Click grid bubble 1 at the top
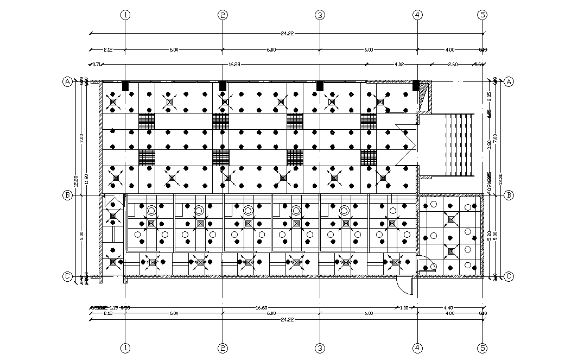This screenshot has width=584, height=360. click(x=125, y=15)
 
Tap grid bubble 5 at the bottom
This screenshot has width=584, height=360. click(x=483, y=348)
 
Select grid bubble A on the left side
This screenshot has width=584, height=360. click(x=67, y=81)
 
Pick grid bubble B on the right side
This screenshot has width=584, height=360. click(x=509, y=195)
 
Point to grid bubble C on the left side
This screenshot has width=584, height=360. click(x=67, y=276)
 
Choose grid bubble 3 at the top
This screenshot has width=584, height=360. click(x=320, y=15)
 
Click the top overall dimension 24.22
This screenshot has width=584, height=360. click(x=288, y=34)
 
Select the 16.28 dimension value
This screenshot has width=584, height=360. click(x=234, y=64)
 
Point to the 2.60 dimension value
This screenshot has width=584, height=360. click(x=453, y=64)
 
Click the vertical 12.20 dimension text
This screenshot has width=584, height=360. click(x=500, y=179)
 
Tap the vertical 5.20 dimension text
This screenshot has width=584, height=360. click(x=490, y=235)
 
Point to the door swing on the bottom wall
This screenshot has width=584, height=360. click(x=404, y=284)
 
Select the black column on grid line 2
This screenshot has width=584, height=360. click(x=223, y=86)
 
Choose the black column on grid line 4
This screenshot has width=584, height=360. click(x=416, y=86)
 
